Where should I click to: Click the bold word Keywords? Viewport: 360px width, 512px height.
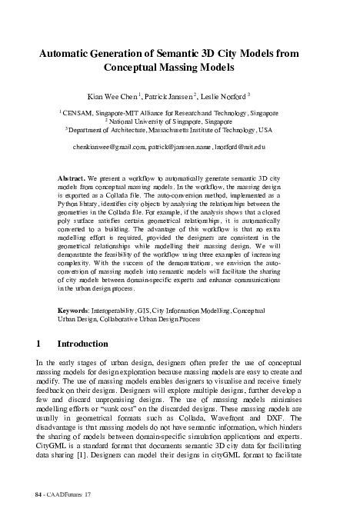click(75, 330)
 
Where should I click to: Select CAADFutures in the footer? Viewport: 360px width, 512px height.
click(65, 490)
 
